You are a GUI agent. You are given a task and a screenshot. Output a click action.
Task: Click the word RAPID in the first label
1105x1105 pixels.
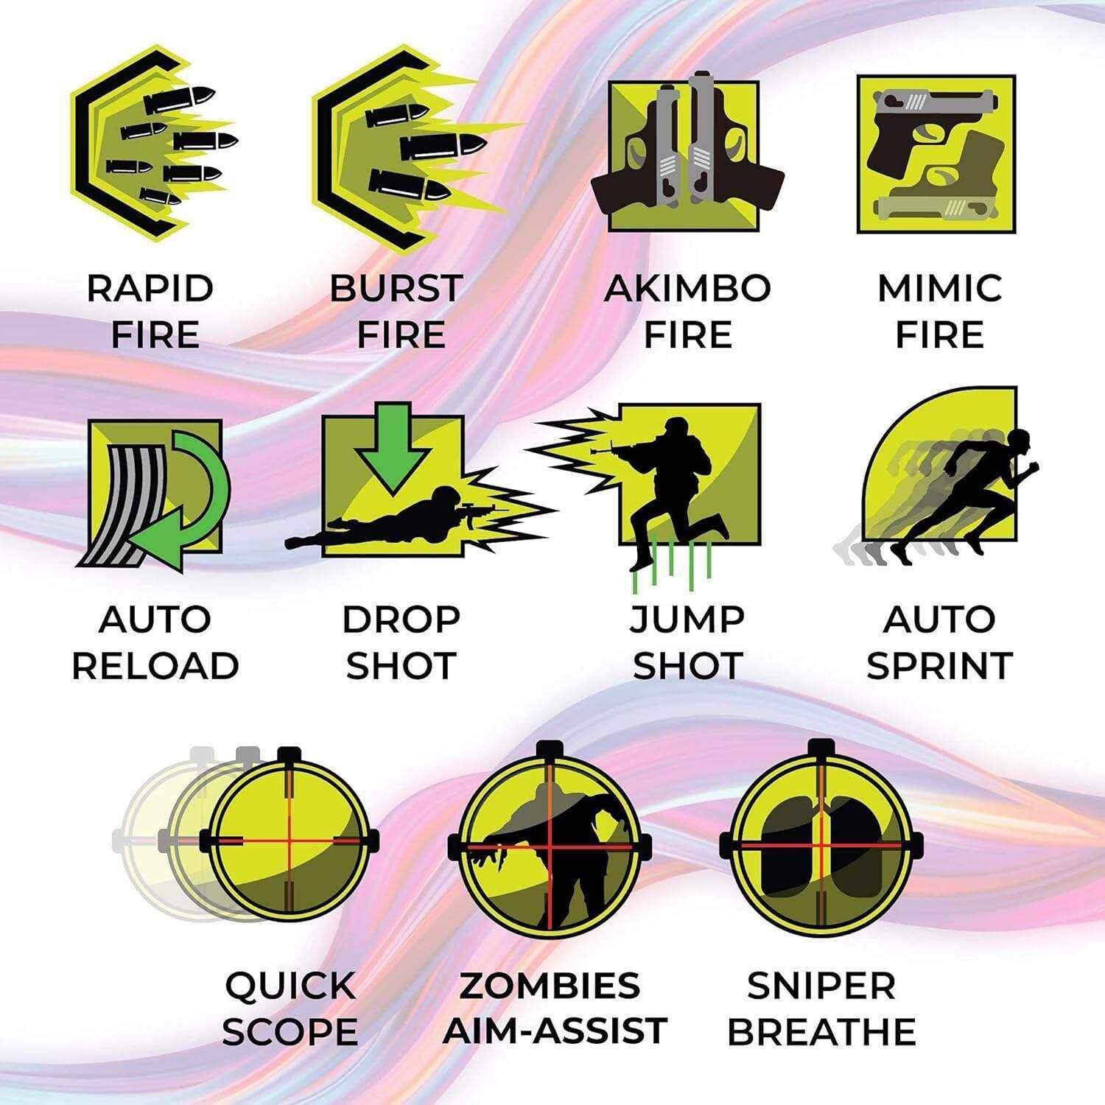tap(150, 288)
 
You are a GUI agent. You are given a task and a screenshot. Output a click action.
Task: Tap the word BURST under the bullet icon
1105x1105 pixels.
tap(396, 288)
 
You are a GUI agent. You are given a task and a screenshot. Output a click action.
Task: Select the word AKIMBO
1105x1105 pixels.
tap(687, 288)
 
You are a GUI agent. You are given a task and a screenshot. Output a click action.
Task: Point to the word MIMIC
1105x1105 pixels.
tap(940, 288)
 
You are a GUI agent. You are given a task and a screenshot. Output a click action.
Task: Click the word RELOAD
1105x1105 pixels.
tap(155, 666)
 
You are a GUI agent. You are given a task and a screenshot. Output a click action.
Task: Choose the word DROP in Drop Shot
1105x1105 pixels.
tap(401, 620)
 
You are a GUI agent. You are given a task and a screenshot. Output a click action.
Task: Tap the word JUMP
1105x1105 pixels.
tap(687, 620)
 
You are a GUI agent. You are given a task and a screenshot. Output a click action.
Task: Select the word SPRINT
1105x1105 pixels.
tap(940, 666)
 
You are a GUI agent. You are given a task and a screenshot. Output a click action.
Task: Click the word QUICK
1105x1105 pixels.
tap(290, 986)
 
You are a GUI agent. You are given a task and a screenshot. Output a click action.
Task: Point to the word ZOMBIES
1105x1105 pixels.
tap(550, 986)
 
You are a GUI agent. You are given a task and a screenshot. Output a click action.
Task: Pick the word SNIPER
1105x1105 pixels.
tap(821, 986)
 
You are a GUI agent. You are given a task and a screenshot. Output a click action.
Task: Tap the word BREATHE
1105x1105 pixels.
tap(821, 1031)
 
